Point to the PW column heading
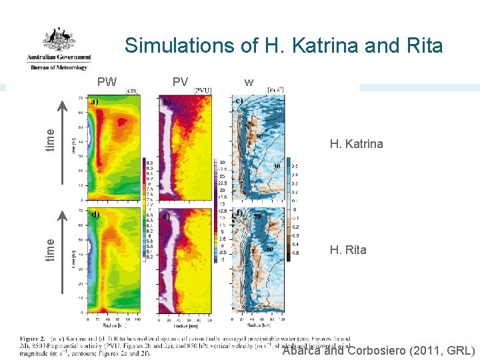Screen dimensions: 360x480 coord(107,82)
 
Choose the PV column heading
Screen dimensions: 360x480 coord(180,82)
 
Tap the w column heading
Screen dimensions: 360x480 coord(249,83)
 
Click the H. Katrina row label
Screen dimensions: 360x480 coord(357,143)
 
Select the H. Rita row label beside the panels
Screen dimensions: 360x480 coord(348,250)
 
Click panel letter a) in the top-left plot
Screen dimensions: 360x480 coord(95,102)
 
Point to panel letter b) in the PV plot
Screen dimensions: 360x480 coord(168,102)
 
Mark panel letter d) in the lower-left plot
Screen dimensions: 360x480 coord(95,215)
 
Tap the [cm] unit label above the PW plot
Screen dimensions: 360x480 coord(132,91)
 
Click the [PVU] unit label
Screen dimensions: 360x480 coord(203,91)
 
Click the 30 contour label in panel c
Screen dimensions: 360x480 coord(276,166)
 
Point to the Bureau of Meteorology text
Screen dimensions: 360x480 coord(58,67)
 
